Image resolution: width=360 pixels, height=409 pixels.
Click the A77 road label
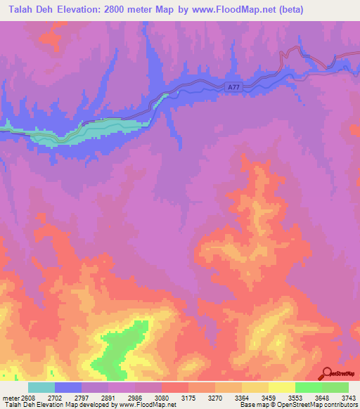pos(236,86)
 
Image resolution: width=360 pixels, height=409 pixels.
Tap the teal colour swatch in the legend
pos(41,387)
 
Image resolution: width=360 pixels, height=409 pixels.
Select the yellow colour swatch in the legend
pos(282,387)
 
